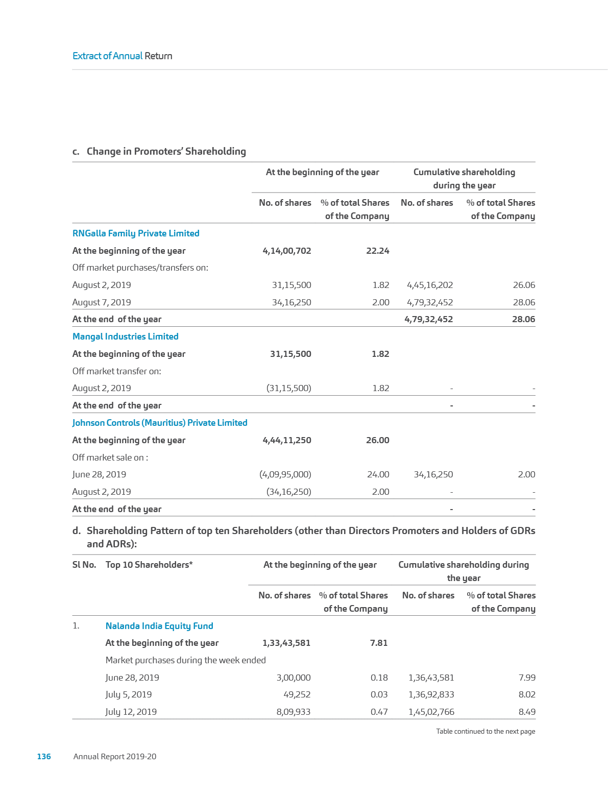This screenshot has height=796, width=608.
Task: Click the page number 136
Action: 44,757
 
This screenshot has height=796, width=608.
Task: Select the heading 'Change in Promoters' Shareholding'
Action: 166,152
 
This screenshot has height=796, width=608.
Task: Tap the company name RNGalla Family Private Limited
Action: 136,233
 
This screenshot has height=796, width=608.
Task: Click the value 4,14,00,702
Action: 287,251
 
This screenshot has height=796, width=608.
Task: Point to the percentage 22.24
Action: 378,251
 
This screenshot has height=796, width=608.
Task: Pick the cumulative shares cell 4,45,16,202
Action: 430,285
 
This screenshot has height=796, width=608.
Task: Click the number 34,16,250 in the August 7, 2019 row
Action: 291,302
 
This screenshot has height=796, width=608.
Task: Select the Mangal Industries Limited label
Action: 126,336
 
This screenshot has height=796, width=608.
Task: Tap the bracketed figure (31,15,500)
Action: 289,388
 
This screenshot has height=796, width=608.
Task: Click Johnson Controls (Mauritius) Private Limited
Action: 160,423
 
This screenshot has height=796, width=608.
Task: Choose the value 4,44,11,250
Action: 287,440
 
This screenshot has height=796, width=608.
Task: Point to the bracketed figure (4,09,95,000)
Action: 285,474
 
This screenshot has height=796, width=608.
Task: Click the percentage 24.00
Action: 378,474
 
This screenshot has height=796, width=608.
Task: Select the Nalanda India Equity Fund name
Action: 159,626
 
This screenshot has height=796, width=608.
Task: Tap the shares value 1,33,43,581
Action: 286,643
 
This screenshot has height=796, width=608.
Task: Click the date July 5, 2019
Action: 129,694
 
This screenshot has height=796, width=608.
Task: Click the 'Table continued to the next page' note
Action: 485,732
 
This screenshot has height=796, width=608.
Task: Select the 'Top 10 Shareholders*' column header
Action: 149,565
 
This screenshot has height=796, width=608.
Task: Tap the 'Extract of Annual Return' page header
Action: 123,56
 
